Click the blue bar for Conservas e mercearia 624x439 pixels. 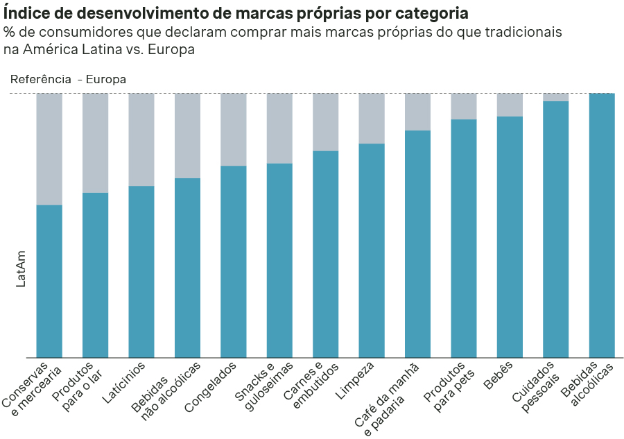(49, 281)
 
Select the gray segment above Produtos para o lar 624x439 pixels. (95, 142)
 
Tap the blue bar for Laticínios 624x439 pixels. (141, 271)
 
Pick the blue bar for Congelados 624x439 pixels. (234, 261)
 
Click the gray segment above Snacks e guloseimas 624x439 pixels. (279, 128)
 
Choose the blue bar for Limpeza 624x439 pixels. (372, 250)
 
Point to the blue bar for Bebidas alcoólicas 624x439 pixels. (601, 225)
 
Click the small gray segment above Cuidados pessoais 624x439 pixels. (555, 97)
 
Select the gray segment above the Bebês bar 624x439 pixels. (510, 105)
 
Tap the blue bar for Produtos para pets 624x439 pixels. (464, 239)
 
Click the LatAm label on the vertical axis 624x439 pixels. (21, 268)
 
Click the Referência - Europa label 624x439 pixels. (68, 79)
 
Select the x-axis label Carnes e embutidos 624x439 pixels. (311, 387)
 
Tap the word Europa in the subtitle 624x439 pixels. (172, 49)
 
